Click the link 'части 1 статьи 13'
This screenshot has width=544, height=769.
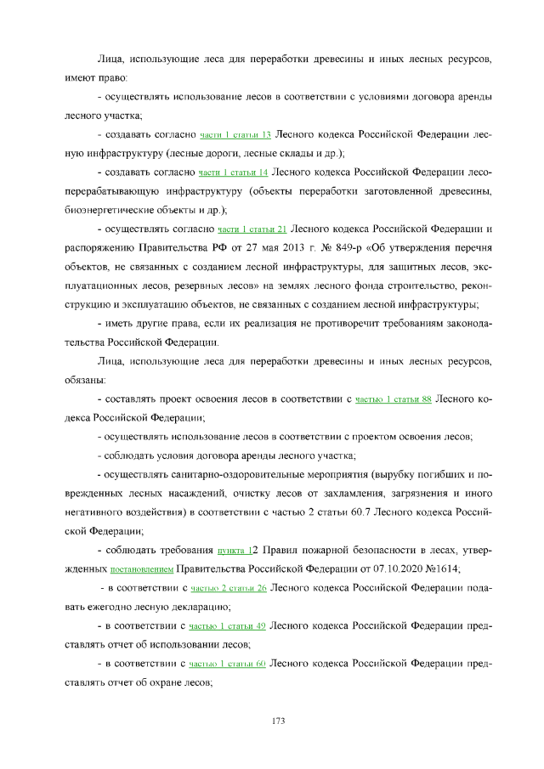pos(235,135)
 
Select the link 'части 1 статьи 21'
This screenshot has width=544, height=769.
pos(252,229)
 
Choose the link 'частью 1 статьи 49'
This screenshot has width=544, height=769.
pos(227,626)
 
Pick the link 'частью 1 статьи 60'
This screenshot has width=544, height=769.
pos(227,664)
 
